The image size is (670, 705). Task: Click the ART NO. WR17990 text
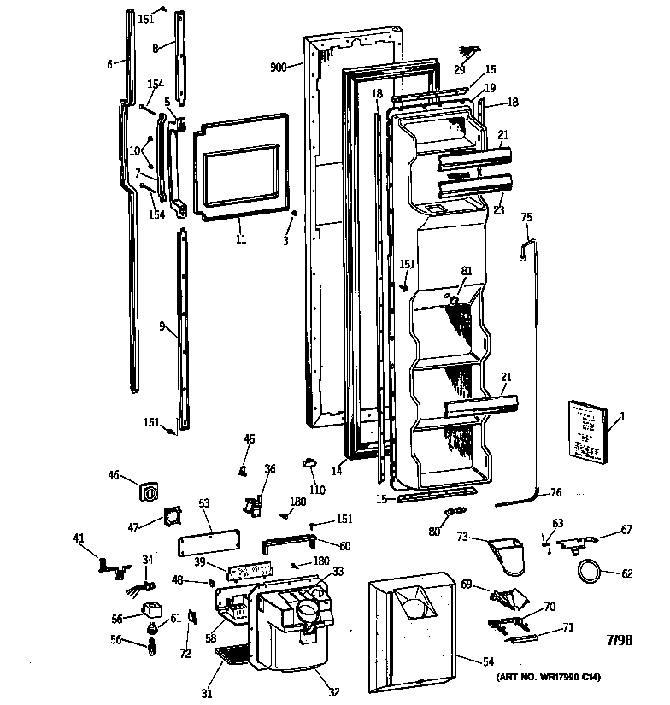[x=547, y=678]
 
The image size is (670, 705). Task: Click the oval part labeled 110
[x=309, y=462]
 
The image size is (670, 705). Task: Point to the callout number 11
[x=241, y=240]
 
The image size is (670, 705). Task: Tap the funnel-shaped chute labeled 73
[x=511, y=555]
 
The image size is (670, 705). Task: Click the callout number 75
[x=526, y=218]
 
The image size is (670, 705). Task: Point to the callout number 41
[x=79, y=538]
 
